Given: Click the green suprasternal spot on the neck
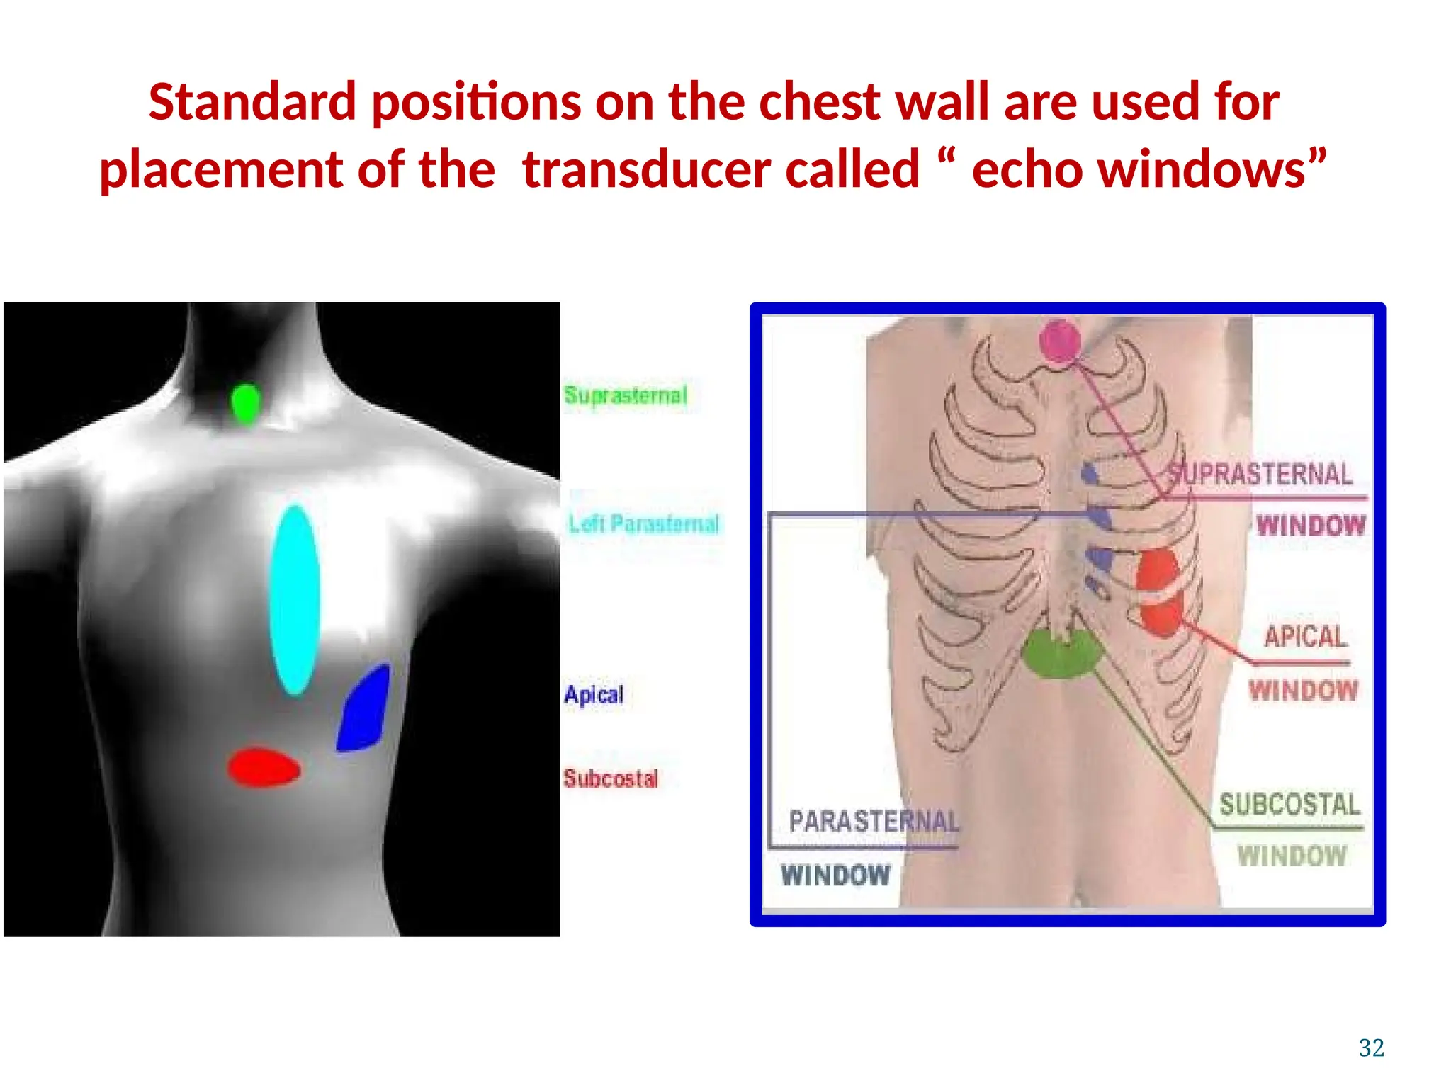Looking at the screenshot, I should click(246, 404).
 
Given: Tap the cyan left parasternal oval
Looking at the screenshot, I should click(295, 599).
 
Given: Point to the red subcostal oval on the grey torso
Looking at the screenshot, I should click(264, 767).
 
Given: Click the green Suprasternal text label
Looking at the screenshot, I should click(626, 395).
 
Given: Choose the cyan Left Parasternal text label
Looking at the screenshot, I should click(643, 523).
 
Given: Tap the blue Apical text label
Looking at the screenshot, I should click(594, 694).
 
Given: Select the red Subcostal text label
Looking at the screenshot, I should click(611, 778).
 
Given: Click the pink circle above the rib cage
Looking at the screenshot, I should click(1060, 341).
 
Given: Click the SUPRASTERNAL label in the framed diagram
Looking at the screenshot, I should click(1260, 473).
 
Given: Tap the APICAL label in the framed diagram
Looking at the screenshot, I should click(1305, 636).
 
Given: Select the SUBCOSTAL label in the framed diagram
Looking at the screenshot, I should click(1289, 804).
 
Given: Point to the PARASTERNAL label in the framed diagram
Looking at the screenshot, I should click(874, 821).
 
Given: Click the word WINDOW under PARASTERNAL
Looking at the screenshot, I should click(835, 875).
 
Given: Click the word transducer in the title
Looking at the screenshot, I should click(721, 170).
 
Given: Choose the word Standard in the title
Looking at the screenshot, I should click(252, 102).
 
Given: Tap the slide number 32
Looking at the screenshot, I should click(1371, 1048).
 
